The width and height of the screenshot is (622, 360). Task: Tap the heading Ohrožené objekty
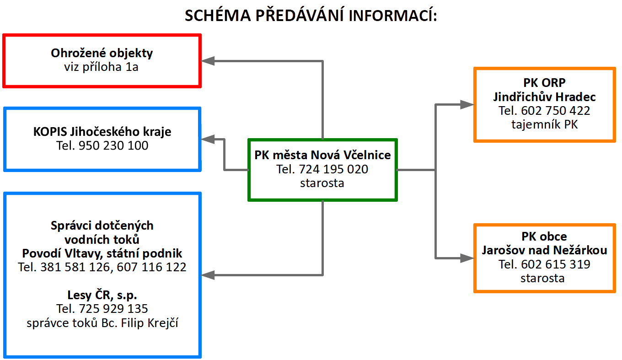(x=102, y=53)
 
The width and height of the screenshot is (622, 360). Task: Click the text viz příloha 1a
(x=102, y=67)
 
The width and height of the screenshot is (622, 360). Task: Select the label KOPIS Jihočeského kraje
(x=102, y=132)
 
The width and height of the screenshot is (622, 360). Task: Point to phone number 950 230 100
(x=113, y=146)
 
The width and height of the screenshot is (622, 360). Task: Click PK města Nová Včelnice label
(x=322, y=155)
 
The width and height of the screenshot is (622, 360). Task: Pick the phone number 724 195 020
(x=333, y=169)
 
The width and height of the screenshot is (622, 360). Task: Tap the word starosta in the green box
(x=322, y=183)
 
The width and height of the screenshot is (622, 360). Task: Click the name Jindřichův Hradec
(x=544, y=97)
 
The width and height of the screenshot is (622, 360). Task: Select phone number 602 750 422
(x=555, y=111)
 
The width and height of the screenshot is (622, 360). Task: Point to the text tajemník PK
(x=544, y=124)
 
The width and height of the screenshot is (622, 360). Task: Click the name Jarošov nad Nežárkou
(x=544, y=250)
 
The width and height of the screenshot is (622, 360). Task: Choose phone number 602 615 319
(x=555, y=264)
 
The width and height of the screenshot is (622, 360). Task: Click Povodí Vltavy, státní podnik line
(x=102, y=253)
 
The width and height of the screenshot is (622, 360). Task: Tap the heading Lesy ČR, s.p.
(x=102, y=295)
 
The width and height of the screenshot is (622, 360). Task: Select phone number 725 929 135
(x=113, y=309)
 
